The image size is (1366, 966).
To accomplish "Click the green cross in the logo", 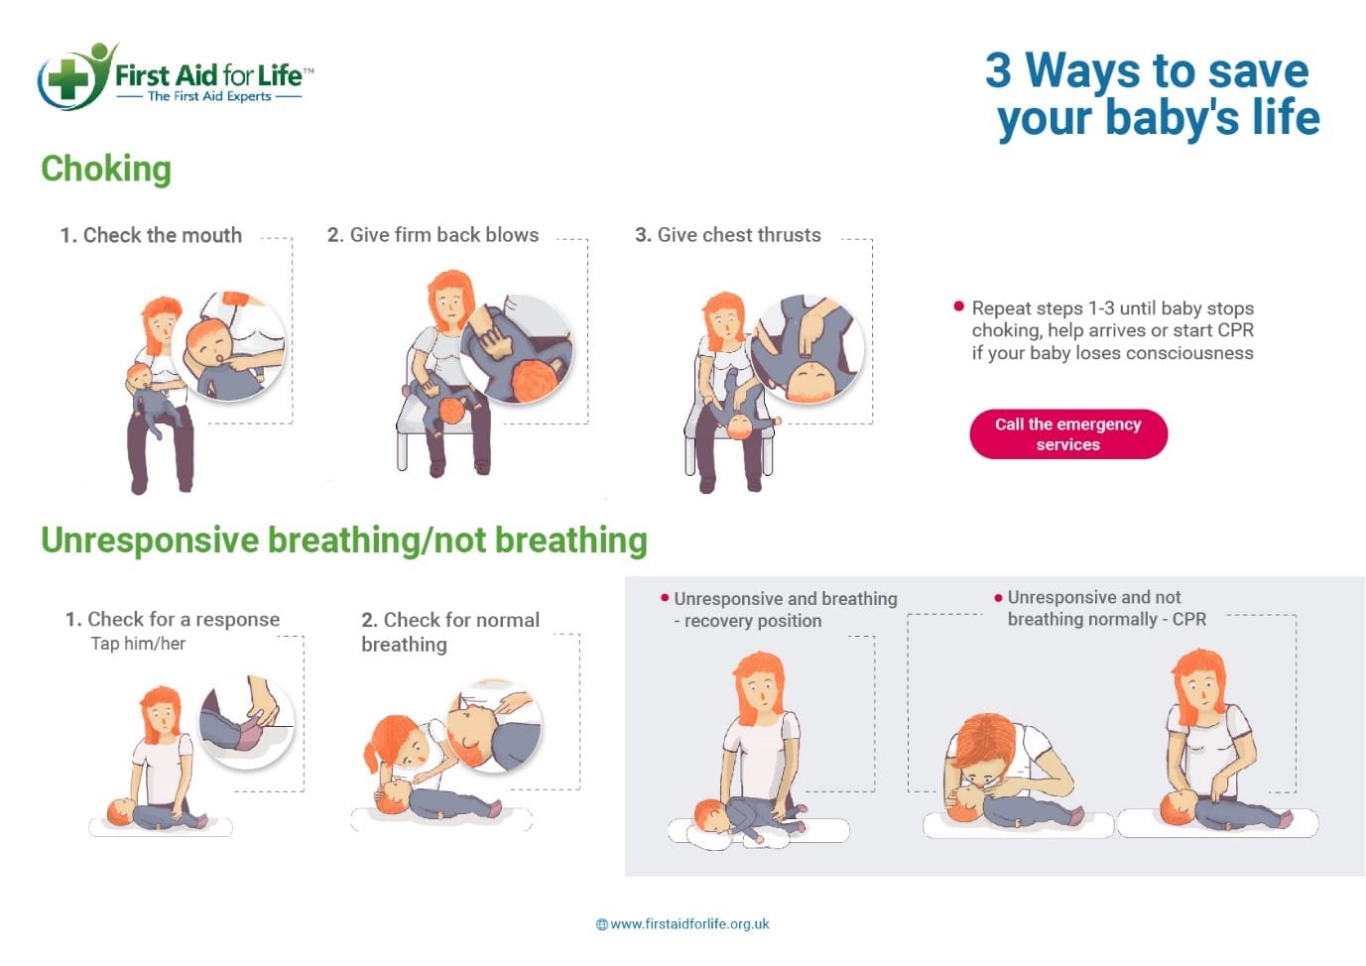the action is (68, 78).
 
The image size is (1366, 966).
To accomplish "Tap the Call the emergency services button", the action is (1068, 433).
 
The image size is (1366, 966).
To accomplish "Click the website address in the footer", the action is (689, 924).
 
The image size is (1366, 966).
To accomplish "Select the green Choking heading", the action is (106, 169).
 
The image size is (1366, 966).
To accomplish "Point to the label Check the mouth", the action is (151, 235).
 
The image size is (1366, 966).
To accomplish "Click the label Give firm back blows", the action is (433, 235).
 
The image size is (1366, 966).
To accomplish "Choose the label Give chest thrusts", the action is (728, 235).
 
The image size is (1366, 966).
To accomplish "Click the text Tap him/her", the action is (139, 644).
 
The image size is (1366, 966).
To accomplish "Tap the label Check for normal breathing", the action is (450, 632).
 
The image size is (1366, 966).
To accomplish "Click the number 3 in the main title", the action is (998, 70).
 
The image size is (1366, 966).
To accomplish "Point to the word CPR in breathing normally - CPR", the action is (1189, 619).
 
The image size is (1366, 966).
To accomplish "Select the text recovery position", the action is (753, 621).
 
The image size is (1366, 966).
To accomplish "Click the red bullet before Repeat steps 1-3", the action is (958, 306).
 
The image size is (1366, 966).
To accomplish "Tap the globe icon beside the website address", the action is (602, 924).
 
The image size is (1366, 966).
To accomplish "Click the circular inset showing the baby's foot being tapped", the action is (247, 722).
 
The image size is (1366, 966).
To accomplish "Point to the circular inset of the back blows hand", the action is (517, 348).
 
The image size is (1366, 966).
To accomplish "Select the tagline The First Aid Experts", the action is (209, 96).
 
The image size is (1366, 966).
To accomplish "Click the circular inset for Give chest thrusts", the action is (807, 348).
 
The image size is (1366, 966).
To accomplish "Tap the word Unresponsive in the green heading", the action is (150, 541).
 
